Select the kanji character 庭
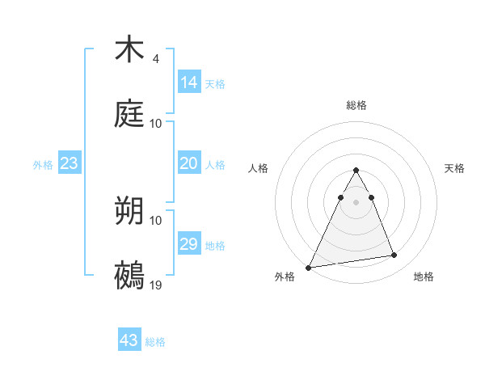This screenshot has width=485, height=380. coord(129,114)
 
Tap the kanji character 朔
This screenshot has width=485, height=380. coord(129,211)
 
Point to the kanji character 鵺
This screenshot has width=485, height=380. coord(129,276)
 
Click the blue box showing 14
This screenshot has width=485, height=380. coord(189,82)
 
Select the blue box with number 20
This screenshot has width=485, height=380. coord(189,163)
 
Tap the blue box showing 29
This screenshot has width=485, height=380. coord(189,244)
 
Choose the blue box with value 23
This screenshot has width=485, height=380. coord(70,163)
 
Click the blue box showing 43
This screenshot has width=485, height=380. coord(129,340)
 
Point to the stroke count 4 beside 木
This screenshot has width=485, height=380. coord(156,59)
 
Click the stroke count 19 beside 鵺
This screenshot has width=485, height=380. coord(156,285)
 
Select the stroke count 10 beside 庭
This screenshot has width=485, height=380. coord(156,124)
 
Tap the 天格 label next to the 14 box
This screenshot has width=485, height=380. coord(215,84)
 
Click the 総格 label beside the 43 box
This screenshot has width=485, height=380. coord(155,342)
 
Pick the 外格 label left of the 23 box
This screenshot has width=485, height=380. coord(43,165)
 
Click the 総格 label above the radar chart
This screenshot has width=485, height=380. coord(356,105)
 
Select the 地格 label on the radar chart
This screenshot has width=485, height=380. coord(424,277)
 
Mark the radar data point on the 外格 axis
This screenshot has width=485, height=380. coord(309,267)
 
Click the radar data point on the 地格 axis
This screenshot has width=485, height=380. coord(394,255)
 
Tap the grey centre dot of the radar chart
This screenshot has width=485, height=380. coord(356,202)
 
